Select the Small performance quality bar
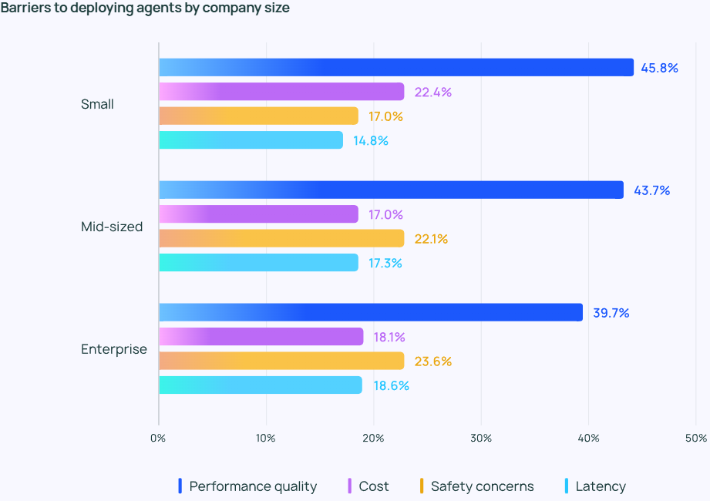pos(396,68)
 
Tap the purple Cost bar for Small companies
pos(281,92)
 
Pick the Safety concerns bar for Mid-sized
pos(281,238)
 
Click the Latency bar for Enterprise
pos(261,385)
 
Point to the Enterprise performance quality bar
pos(371,312)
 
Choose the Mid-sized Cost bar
pos(259,214)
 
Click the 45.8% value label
pos(659,68)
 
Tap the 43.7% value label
pos(651,190)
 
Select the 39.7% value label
pos(611,313)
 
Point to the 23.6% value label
pos(432,361)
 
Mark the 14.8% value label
pos(371,141)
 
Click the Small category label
pos(97,104)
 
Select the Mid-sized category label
pos(112,227)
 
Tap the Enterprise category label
pos(113,349)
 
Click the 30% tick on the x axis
pos(481,438)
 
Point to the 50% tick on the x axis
pos(695,438)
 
